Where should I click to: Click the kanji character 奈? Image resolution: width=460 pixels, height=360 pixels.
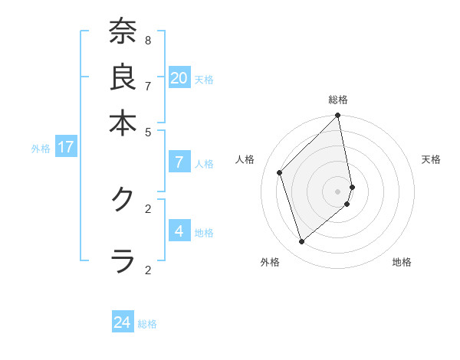[x=122, y=32]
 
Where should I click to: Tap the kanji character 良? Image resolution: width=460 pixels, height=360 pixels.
[x=122, y=77]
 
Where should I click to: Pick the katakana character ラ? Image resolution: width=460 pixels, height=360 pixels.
[x=122, y=260]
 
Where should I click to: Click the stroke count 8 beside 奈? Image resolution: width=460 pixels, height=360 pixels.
[x=148, y=40]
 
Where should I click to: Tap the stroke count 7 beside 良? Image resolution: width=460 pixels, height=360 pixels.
[x=148, y=85]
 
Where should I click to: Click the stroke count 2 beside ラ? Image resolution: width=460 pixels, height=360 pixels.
[x=148, y=269]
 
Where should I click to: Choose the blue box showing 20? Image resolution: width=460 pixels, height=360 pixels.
[x=179, y=78]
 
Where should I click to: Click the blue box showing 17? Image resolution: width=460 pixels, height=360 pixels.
[x=66, y=148]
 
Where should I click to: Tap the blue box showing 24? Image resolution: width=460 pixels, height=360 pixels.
[x=123, y=323]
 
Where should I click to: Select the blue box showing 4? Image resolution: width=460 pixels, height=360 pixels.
[x=179, y=231]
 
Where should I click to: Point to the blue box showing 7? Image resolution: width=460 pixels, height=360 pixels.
[x=179, y=162]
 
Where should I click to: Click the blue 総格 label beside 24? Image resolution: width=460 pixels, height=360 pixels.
[x=147, y=324]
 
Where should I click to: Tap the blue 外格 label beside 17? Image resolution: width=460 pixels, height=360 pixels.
[x=41, y=149]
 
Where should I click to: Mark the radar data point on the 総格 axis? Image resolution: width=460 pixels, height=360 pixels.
[x=338, y=116]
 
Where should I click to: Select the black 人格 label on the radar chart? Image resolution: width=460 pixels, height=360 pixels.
[x=245, y=159]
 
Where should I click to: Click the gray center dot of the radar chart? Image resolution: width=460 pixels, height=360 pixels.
[x=338, y=191]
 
